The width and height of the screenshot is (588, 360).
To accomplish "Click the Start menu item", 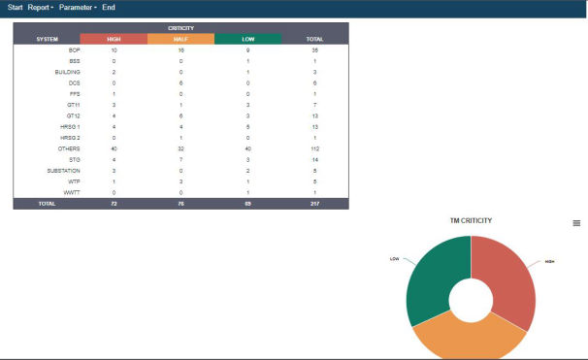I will pyautogui.click(x=15, y=8).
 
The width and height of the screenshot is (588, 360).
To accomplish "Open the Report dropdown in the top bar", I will pyautogui.click(x=41, y=8).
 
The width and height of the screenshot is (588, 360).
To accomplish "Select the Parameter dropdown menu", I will pyautogui.click(x=77, y=8).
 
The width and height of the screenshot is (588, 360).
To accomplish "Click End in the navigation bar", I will pyautogui.click(x=108, y=8).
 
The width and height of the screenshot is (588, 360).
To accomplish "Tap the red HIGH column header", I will pyautogui.click(x=114, y=39).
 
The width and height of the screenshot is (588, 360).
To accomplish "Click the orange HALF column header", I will pyautogui.click(x=180, y=39).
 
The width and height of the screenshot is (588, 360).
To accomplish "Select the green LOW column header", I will pyautogui.click(x=247, y=39).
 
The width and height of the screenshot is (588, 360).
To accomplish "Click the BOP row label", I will pyautogui.click(x=74, y=49).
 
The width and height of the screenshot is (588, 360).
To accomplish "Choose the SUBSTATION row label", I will pyautogui.click(x=64, y=170).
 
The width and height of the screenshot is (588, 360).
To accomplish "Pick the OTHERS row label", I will pyautogui.click(x=69, y=148).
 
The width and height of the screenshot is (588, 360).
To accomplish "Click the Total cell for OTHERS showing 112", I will pyautogui.click(x=314, y=148).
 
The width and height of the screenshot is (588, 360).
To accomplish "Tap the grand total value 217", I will pyautogui.click(x=314, y=203).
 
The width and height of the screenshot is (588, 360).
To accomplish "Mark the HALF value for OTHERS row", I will pyautogui.click(x=180, y=148).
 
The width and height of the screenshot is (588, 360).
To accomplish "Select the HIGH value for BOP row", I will pyautogui.click(x=114, y=49).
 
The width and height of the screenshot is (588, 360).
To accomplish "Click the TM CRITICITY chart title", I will pyautogui.click(x=471, y=221).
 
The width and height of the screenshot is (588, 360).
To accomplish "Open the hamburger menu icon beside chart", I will pyautogui.click(x=576, y=223).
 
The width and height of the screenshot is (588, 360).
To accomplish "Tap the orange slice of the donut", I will pyautogui.click(x=470, y=339).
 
